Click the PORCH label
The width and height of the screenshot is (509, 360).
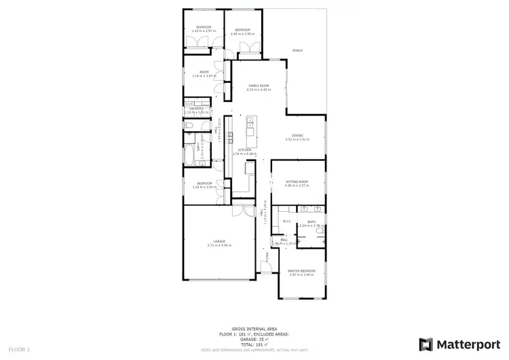(297, 51)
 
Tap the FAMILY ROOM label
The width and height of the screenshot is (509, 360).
(259, 86)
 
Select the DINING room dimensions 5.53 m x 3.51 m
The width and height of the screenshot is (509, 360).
(297, 139)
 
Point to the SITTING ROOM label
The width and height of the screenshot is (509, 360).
(297, 182)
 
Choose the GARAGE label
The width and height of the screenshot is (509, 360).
(220, 242)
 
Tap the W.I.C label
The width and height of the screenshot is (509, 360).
(287, 221)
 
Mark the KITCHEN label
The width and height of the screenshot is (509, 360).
(245, 150)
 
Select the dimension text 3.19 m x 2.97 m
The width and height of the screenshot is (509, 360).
(202, 31)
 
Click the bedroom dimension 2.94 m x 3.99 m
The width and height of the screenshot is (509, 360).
(243, 33)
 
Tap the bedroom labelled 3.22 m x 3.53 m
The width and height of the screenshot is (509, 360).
(205, 185)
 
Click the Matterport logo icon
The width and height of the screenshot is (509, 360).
(427, 344)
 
